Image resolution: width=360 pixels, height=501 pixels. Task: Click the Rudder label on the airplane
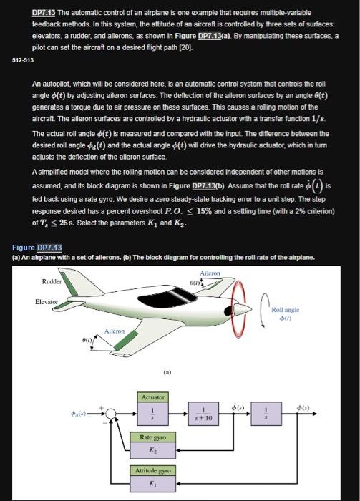[x=51, y=281]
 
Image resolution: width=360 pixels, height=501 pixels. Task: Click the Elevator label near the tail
[x=47, y=302]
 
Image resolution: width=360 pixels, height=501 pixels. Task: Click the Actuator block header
[x=152, y=396]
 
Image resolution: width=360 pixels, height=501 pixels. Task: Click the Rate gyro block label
[x=152, y=436]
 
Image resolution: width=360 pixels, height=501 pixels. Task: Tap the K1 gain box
[x=152, y=482]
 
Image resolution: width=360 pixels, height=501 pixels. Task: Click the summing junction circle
[x=110, y=413]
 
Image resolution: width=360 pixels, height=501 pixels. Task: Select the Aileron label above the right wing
[x=210, y=273]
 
